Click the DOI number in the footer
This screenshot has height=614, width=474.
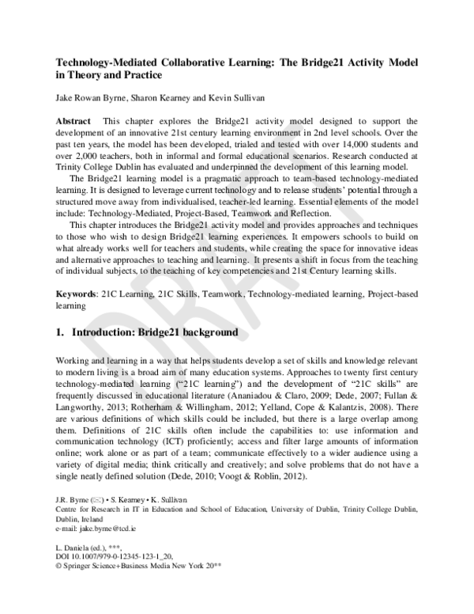pyautogui.click(x=116, y=558)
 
